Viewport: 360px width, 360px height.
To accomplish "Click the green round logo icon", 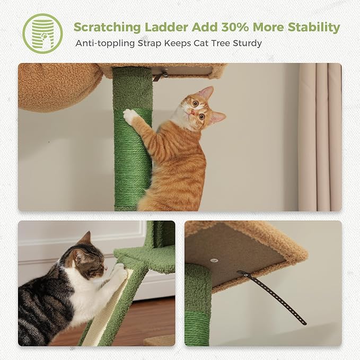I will pyautogui.click(x=42, y=33).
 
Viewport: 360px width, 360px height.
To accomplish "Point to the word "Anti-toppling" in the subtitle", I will pyautogui.click(x=104, y=43).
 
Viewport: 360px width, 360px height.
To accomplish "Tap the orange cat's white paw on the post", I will pyautogui.click(x=129, y=115).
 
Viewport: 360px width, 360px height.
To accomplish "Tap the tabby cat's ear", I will pyautogui.click(x=85, y=239).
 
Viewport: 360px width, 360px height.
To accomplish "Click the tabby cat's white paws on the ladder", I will pyautogui.click(x=120, y=271).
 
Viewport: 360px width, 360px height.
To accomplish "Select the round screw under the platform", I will pyautogui.click(x=214, y=260).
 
